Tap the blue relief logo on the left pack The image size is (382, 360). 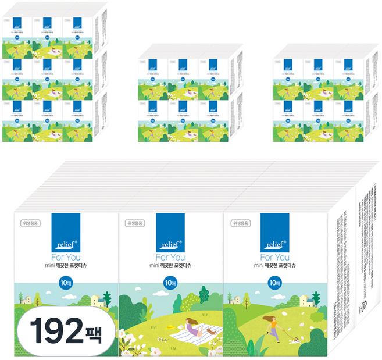[x=66, y=232]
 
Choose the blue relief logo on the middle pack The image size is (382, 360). [x=170, y=232]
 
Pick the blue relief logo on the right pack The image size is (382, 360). [x=275, y=232]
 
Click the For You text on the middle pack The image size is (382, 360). [x=170, y=257]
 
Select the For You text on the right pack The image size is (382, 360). [x=275, y=257]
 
